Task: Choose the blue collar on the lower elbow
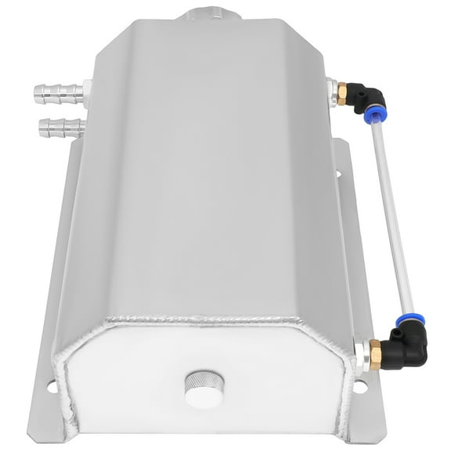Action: [403, 321]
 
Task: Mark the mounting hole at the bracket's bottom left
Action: [51, 385]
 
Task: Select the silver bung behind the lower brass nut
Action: [359, 351]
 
